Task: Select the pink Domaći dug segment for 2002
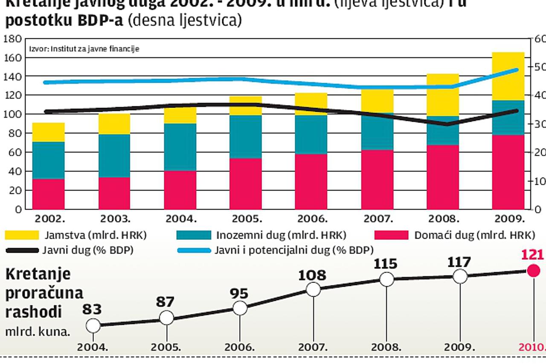pos(48,194)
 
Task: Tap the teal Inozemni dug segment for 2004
pos(180,147)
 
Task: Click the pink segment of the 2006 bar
pos(311,181)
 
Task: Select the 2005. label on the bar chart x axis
pos(246,219)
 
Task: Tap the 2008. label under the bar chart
pos(444,219)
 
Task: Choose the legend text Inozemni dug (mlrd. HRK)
pos(281,236)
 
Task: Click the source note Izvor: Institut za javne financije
pos(84,49)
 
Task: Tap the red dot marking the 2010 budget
pos(533,271)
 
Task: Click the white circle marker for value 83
pos(93,326)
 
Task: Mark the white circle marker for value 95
pos(240,308)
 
